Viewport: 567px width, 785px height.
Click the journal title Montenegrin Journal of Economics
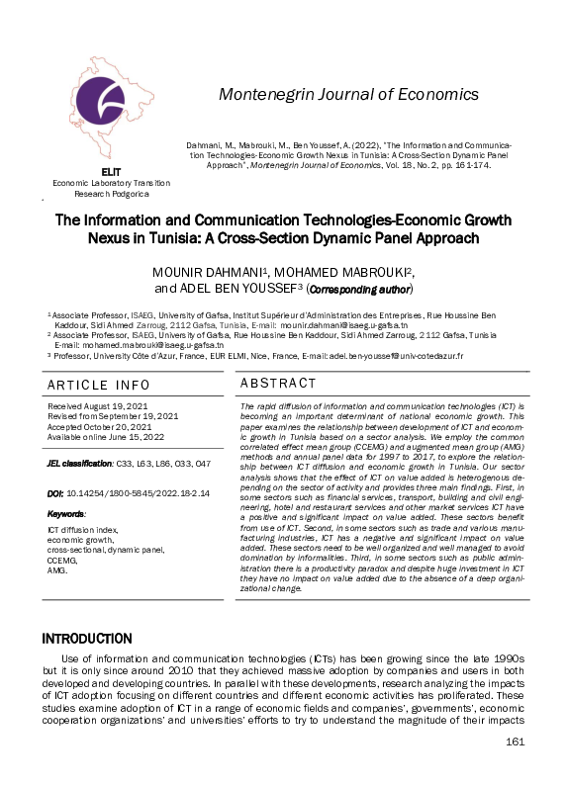click(x=347, y=95)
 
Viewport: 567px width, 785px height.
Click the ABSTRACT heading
click(x=279, y=384)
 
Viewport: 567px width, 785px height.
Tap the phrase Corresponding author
click(x=360, y=291)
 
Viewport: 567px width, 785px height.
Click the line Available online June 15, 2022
click(x=113, y=437)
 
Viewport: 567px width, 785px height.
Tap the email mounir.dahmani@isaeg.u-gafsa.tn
click(x=346, y=323)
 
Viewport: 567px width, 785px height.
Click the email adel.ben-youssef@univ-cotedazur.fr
click(x=394, y=355)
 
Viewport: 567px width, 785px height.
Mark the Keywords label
click(x=66, y=514)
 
